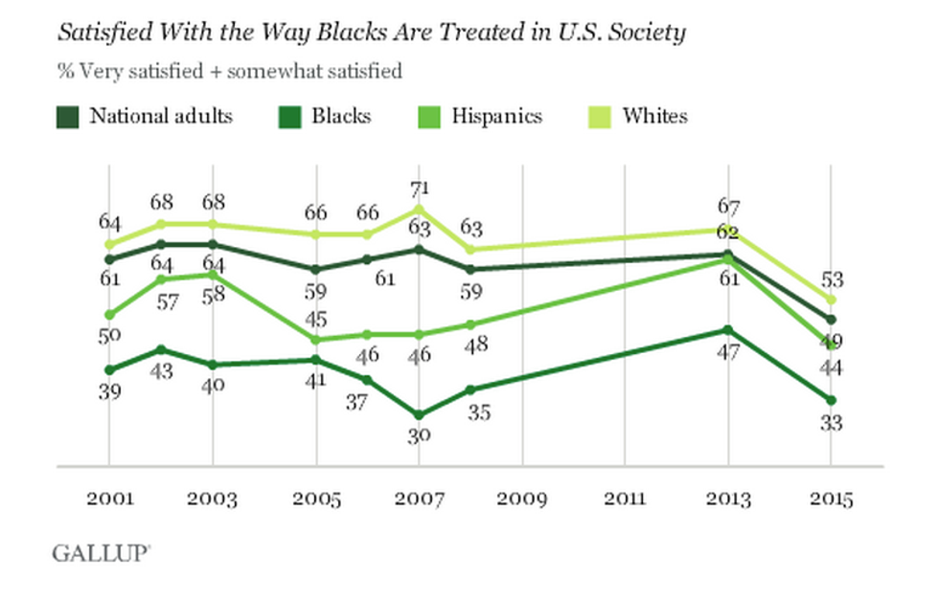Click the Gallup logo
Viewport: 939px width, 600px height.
click(x=100, y=552)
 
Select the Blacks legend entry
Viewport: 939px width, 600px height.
click(x=326, y=117)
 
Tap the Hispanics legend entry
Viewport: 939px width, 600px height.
click(x=480, y=117)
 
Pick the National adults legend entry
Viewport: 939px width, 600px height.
click(x=144, y=117)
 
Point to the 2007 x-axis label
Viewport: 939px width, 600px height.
click(x=419, y=500)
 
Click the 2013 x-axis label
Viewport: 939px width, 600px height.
click(x=727, y=500)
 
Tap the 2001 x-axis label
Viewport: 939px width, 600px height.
click(x=109, y=500)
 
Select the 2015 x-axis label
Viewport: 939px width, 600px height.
click(x=830, y=500)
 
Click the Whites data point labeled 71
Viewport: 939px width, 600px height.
click(x=419, y=209)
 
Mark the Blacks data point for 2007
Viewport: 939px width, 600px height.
click(x=419, y=415)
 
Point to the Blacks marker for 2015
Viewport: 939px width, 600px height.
click(x=831, y=400)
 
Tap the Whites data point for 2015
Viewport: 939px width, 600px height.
click(x=831, y=300)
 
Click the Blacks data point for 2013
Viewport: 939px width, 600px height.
click(x=727, y=329)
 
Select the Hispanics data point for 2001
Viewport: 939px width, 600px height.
click(x=109, y=315)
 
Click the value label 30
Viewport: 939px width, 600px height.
click(x=419, y=435)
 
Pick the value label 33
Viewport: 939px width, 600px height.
click(x=831, y=422)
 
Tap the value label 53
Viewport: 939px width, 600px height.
click(x=831, y=279)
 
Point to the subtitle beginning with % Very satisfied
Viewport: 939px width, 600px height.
click(x=229, y=71)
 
